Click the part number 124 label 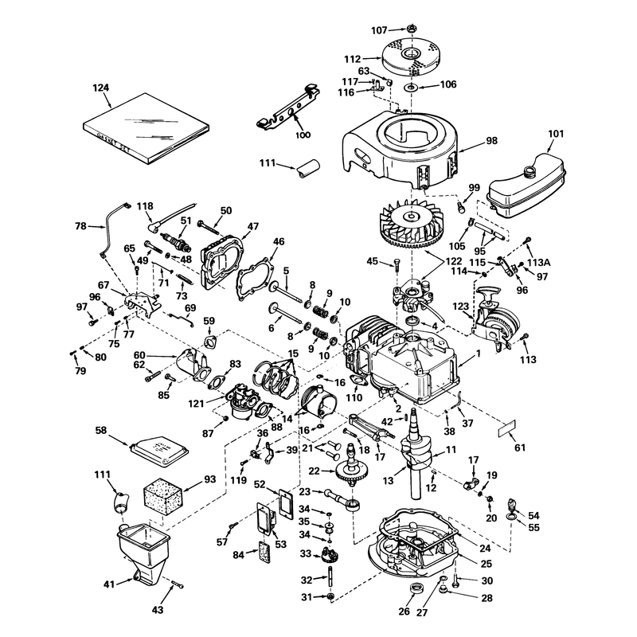(x=101, y=88)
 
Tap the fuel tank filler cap (x=530, y=171)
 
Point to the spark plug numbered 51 (x=175, y=241)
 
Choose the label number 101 (x=555, y=134)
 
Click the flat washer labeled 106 (x=411, y=87)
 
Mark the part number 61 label (x=520, y=447)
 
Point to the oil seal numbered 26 (x=415, y=588)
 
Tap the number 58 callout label (x=100, y=430)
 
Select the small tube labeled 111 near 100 (x=307, y=169)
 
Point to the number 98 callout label (x=491, y=141)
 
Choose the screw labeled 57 (x=233, y=526)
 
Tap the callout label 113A (x=539, y=263)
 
